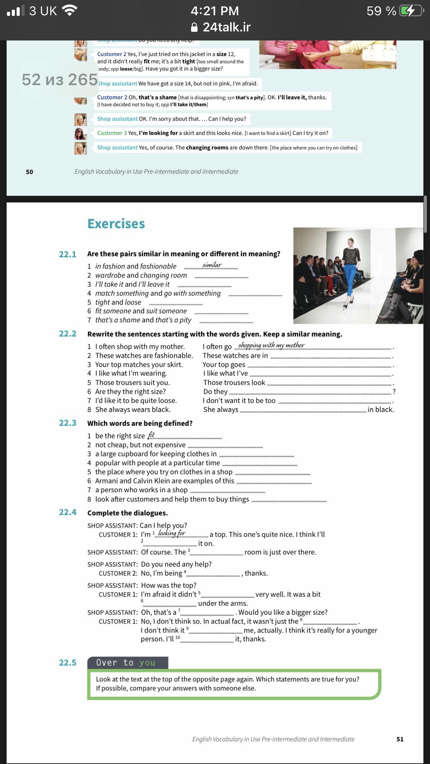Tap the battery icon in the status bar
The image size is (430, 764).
click(411, 11)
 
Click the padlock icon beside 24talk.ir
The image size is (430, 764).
click(195, 27)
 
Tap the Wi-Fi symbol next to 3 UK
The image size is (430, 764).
click(70, 11)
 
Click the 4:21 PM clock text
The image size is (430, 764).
click(215, 11)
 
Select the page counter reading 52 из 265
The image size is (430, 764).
click(60, 80)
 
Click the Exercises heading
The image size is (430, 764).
click(116, 224)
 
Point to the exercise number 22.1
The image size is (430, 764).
click(68, 254)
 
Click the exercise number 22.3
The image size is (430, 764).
click(68, 423)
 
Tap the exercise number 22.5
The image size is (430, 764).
click(68, 663)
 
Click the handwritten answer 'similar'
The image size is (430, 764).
click(212, 265)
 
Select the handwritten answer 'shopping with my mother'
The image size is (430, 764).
click(271, 345)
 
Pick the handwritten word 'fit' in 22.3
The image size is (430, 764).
click(151, 435)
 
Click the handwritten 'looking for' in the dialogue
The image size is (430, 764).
click(172, 533)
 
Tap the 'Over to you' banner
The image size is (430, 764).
click(127, 663)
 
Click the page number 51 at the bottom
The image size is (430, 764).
click(400, 739)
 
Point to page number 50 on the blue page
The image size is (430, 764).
click(29, 172)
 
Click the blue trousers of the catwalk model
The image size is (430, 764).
click(350, 284)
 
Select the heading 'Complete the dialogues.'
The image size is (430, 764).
click(127, 513)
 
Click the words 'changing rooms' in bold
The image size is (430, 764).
click(207, 147)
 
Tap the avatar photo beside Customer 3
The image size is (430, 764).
click(80, 133)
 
